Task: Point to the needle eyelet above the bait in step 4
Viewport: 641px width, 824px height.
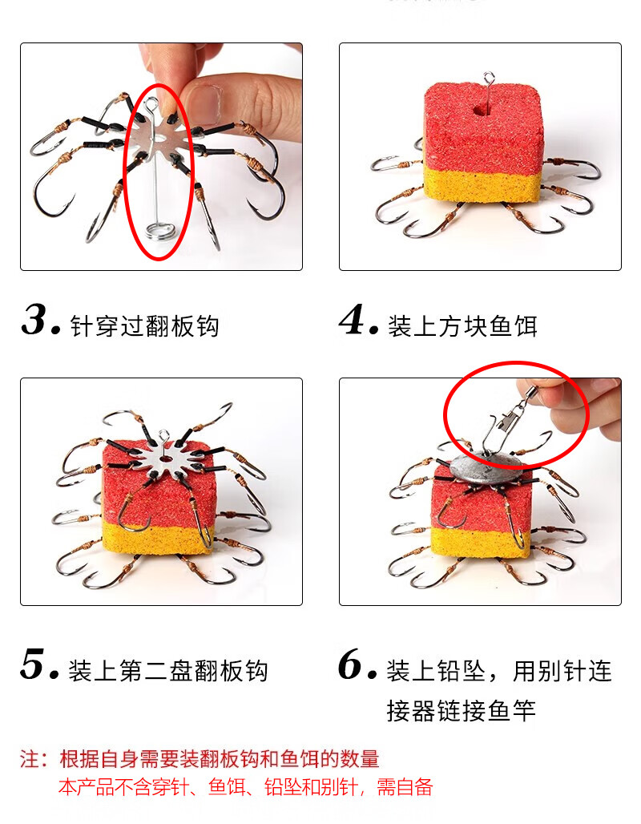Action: pos(489,79)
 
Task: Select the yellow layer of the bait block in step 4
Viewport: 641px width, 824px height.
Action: pos(482,185)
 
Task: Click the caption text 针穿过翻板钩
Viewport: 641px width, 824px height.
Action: pos(144,325)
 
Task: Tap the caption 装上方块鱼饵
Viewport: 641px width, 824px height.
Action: pos(462,325)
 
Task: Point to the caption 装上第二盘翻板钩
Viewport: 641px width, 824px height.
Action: pos(168,671)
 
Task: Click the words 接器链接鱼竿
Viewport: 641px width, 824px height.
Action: pos(462,710)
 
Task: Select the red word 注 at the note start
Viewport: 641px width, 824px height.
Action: pos(30,759)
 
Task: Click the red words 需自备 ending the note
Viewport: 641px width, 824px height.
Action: pos(405,786)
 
